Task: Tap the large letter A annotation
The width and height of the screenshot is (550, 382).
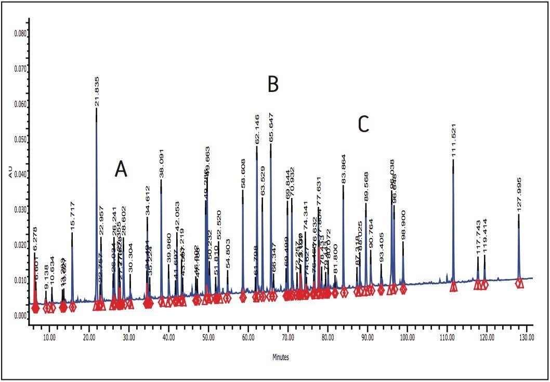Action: pyautogui.click(x=121, y=169)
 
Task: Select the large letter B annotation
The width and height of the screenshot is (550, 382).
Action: pyautogui.click(x=273, y=84)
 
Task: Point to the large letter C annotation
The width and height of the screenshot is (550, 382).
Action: pyautogui.click(x=363, y=124)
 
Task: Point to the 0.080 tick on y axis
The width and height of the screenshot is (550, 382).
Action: pyautogui.click(x=20, y=33)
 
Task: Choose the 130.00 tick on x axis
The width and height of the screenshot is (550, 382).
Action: pyautogui.click(x=526, y=337)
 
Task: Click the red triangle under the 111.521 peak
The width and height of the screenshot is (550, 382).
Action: pyautogui.click(x=453, y=286)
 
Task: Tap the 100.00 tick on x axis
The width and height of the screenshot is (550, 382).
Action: pyautogui.click(x=407, y=337)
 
